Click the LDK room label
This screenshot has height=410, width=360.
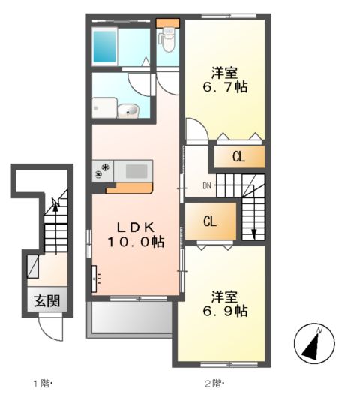[135, 226]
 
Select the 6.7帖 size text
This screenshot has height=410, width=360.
[225, 87]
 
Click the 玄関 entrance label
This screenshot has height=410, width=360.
[46, 301]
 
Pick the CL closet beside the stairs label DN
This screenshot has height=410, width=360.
[210, 222]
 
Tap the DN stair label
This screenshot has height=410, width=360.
[207, 185]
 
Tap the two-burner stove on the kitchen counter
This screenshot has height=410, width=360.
[100, 171]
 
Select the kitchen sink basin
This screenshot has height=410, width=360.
[136, 171]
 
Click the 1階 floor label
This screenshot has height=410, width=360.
[40, 384]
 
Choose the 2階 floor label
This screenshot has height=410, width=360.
[214, 384]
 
